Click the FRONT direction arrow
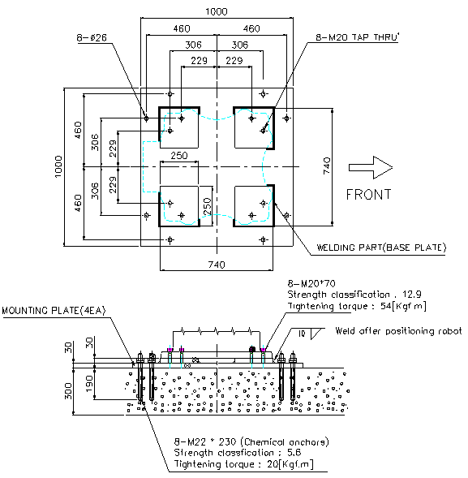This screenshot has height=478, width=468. pos(371,167)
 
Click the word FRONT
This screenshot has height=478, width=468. pos(369,195)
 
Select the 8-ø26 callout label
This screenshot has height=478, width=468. pos(92,38)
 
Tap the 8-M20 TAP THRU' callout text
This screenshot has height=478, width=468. pos(358,37)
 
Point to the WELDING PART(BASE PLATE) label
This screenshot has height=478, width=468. pos(381,248)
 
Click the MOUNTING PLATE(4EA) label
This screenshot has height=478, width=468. pos(54,310)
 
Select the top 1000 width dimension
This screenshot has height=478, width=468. pos(217,11)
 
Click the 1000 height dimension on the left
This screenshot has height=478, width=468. pos(58,166)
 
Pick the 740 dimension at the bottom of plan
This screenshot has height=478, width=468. pos(217,265)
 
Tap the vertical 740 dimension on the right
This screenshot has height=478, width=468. pos(326,166)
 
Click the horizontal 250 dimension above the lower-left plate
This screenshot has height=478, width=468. pos(179,156)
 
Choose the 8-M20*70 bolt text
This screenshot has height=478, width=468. pos(311,284)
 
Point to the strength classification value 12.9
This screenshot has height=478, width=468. pos(412,294)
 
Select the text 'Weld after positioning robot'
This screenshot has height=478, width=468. pos(398,331)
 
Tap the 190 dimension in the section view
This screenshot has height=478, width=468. pos(89,383)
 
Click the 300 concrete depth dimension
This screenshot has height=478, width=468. pos(69,391)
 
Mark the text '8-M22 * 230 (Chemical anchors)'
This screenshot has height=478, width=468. pos(251,441)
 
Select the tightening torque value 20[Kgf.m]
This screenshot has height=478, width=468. pos(290,464)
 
